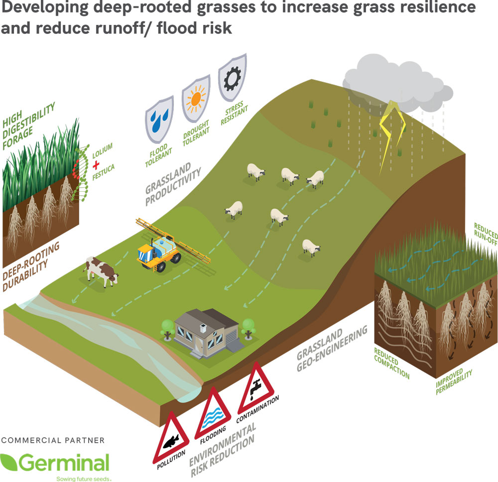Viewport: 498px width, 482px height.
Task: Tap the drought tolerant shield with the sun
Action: (x=196, y=98)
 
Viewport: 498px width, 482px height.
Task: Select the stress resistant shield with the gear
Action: (x=233, y=78)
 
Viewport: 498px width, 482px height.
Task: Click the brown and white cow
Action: (x=101, y=271)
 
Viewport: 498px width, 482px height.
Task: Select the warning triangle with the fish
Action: (x=171, y=437)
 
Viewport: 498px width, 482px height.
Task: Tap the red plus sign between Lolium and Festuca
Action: (x=96, y=165)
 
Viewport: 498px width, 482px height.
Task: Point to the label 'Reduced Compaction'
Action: (x=391, y=363)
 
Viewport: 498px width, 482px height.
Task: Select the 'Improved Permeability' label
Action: (x=454, y=381)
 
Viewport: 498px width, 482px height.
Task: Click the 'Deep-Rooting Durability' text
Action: (x=31, y=267)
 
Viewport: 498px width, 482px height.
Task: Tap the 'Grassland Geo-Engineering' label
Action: (x=332, y=349)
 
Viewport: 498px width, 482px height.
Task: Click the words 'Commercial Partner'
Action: (x=53, y=440)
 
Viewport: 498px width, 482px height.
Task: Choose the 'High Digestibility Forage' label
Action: (x=28, y=126)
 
